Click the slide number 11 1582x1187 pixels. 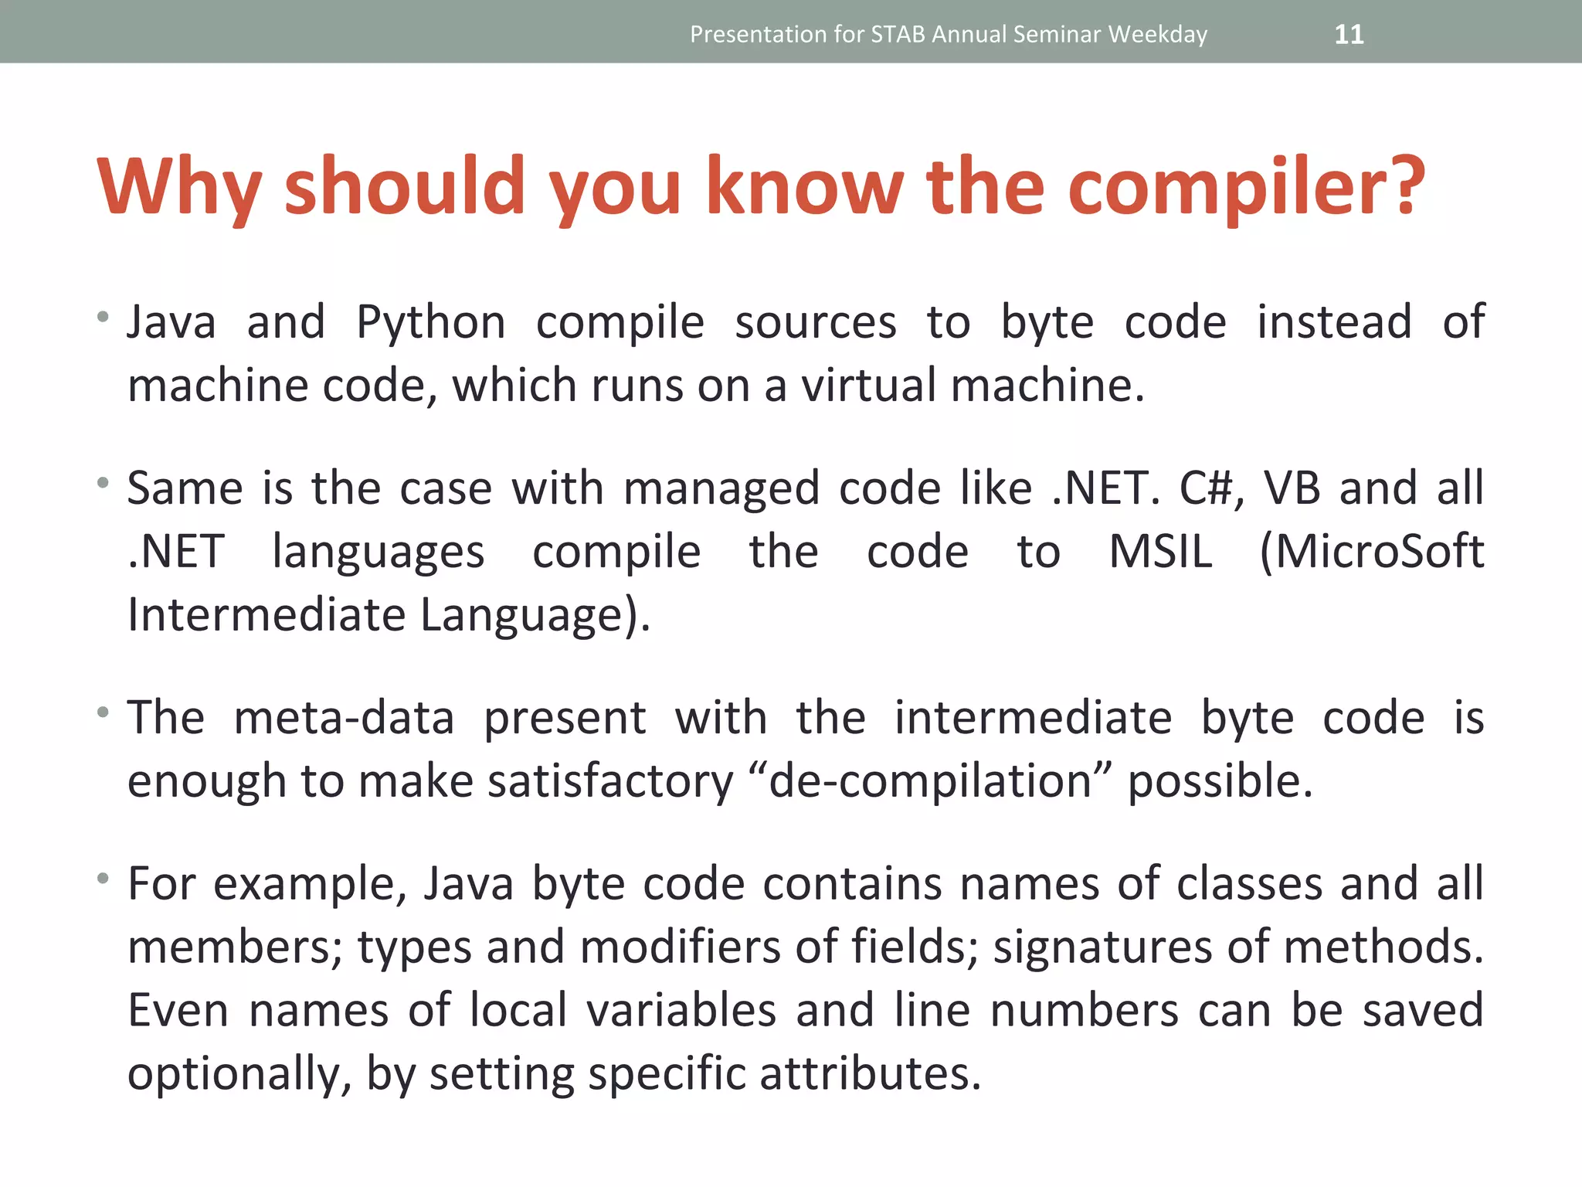tap(1349, 34)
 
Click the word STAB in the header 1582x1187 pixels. tap(898, 34)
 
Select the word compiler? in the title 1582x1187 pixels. tap(1245, 187)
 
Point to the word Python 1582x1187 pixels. tap(431, 322)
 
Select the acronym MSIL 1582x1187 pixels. tap(1160, 552)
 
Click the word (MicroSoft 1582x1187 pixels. tap(1372, 552)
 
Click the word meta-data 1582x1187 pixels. tap(344, 718)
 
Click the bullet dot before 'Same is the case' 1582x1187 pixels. tap(103, 483)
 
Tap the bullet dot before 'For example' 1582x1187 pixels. tap(103, 878)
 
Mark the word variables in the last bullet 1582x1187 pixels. tap(681, 1010)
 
